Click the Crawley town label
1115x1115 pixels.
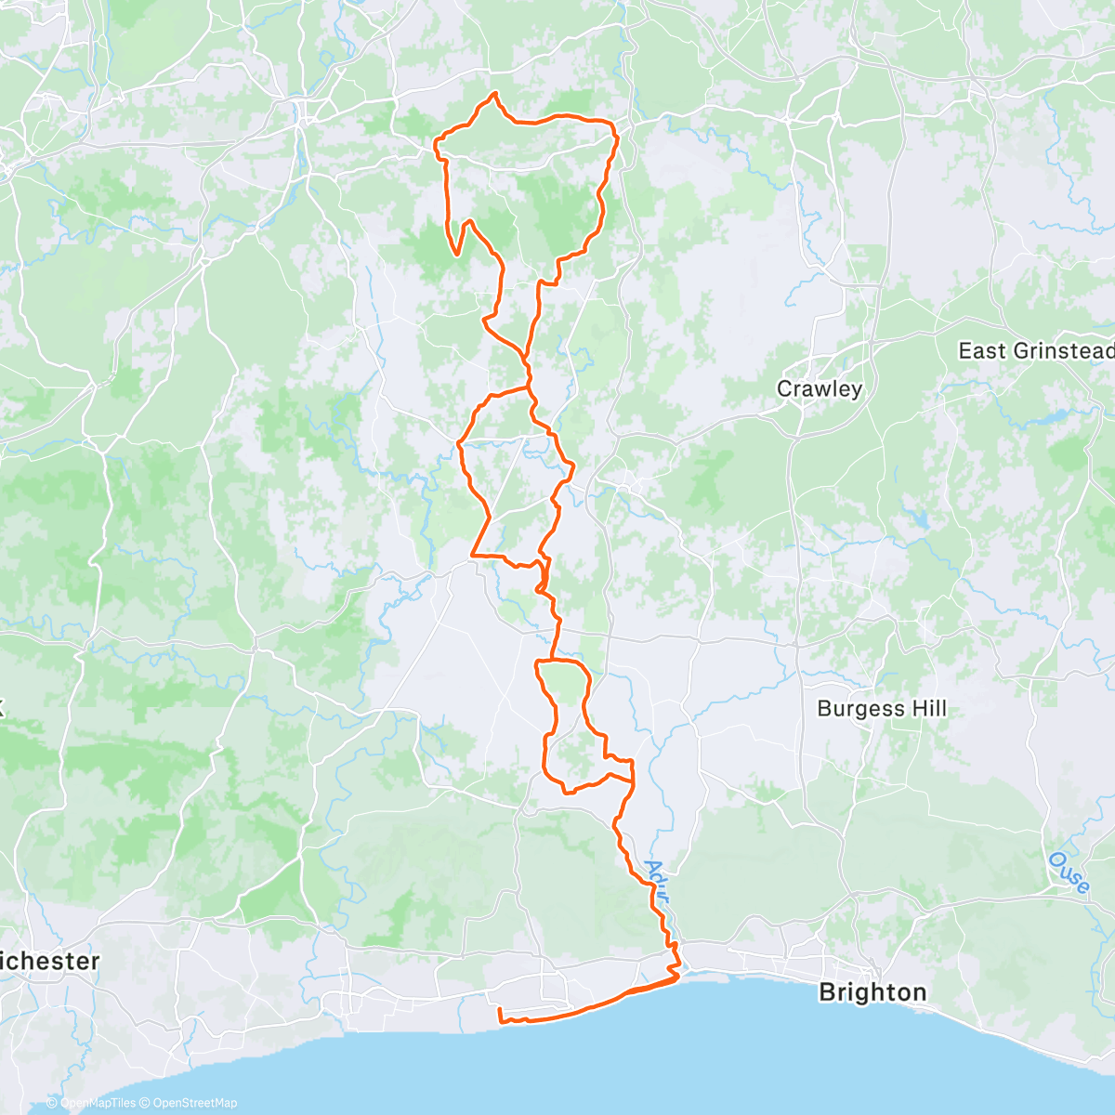click(820, 388)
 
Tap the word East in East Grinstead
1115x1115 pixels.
click(982, 351)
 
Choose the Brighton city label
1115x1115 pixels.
click(872, 992)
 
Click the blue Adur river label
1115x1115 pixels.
click(656, 877)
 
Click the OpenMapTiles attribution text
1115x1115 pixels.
click(98, 1103)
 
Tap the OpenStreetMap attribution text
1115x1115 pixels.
click(194, 1103)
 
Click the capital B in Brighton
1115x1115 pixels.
click(827, 992)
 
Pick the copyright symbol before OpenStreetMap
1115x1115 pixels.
click(146, 1103)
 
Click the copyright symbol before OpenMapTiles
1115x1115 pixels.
click(52, 1103)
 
